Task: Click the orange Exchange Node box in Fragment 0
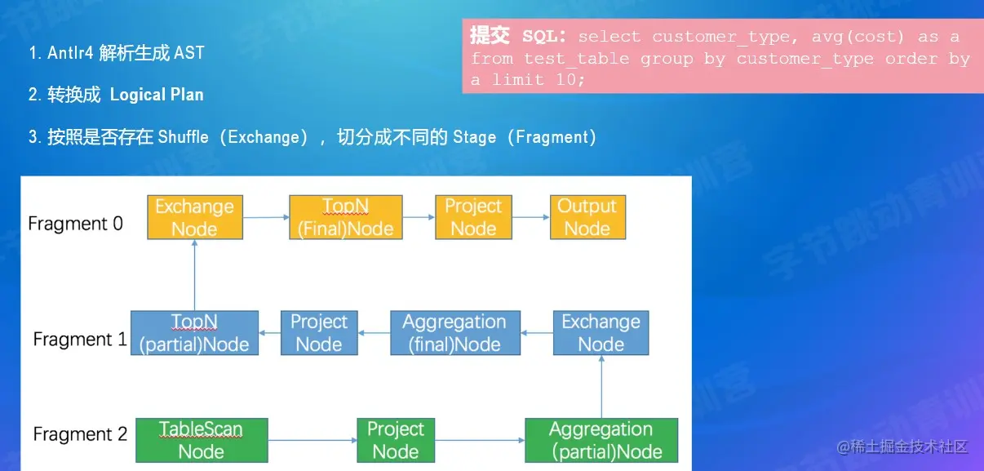(194, 217)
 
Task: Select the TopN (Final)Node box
(346, 217)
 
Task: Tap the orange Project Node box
(473, 217)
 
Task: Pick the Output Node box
(587, 217)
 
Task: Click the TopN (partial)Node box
(194, 333)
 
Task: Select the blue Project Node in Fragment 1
(319, 333)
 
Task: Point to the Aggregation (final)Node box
(454, 333)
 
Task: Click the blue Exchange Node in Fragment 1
(601, 333)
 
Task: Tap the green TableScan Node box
(201, 440)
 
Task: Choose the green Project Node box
(395, 440)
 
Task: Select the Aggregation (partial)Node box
(601, 440)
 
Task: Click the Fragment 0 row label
(75, 224)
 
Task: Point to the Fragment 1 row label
(80, 339)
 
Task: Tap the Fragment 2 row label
(80, 434)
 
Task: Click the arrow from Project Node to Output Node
(530, 217)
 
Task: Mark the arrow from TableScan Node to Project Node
(312, 441)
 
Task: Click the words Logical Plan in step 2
(157, 95)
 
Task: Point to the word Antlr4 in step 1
(71, 53)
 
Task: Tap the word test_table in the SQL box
(577, 59)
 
